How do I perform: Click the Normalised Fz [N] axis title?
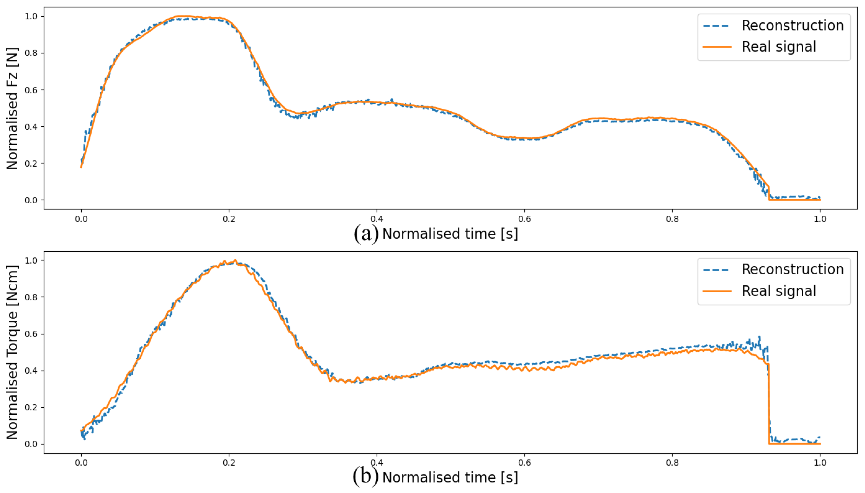[x=12, y=108]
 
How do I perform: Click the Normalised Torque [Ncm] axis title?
[x=12, y=352]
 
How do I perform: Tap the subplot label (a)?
[x=366, y=234]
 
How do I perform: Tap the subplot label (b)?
[x=366, y=477]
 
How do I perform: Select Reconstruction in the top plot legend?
[x=792, y=26]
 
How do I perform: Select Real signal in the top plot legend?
[x=778, y=47]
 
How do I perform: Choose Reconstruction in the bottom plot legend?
[x=792, y=270]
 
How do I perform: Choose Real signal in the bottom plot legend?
[x=778, y=291]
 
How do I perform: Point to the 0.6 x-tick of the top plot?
[x=524, y=219]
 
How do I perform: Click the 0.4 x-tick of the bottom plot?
[x=376, y=463]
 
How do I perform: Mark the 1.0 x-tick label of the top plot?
[x=820, y=219]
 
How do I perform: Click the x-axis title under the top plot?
[x=450, y=234]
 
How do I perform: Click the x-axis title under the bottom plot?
[x=450, y=478]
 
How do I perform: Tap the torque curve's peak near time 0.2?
[x=235, y=261]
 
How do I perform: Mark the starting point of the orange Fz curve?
[x=81, y=167]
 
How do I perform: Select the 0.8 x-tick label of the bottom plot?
[x=672, y=463]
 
